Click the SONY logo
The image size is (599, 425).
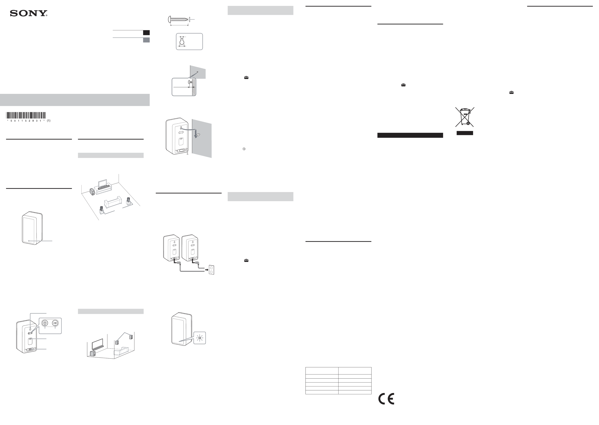click(29, 13)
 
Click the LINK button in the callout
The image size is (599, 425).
click(55, 323)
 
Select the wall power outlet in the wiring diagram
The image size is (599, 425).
click(211, 270)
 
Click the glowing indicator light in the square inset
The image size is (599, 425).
click(200, 338)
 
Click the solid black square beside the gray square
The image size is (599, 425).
click(146, 33)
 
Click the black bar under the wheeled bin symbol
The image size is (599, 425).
click(465, 133)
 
